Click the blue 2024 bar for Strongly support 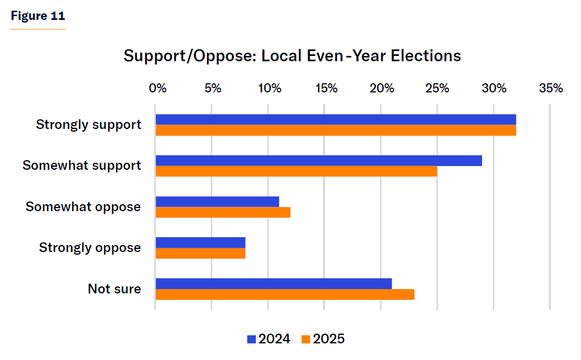pyautogui.click(x=335, y=119)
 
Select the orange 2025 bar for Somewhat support pyautogui.click(x=296, y=171)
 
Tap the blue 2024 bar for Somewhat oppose pyautogui.click(x=217, y=201)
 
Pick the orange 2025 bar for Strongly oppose pyautogui.click(x=200, y=253)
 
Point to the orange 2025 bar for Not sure pyautogui.click(x=285, y=294)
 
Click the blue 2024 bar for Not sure pyautogui.click(x=274, y=283)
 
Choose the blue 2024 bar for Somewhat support pyautogui.click(x=319, y=161)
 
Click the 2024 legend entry pyautogui.click(x=268, y=339)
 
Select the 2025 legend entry pyautogui.click(x=323, y=339)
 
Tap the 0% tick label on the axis pyautogui.click(x=157, y=88)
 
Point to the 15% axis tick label pyautogui.click(x=326, y=88)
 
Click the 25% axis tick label pyautogui.click(x=439, y=88)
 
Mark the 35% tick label pyautogui.click(x=551, y=88)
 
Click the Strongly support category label pyautogui.click(x=89, y=125)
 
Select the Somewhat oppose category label pyautogui.click(x=83, y=207)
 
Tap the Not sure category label pyautogui.click(x=114, y=289)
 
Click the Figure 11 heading pyautogui.click(x=37, y=16)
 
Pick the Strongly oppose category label pyautogui.click(x=90, y=248)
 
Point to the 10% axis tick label pyautogui.click(x=270, y=88)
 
